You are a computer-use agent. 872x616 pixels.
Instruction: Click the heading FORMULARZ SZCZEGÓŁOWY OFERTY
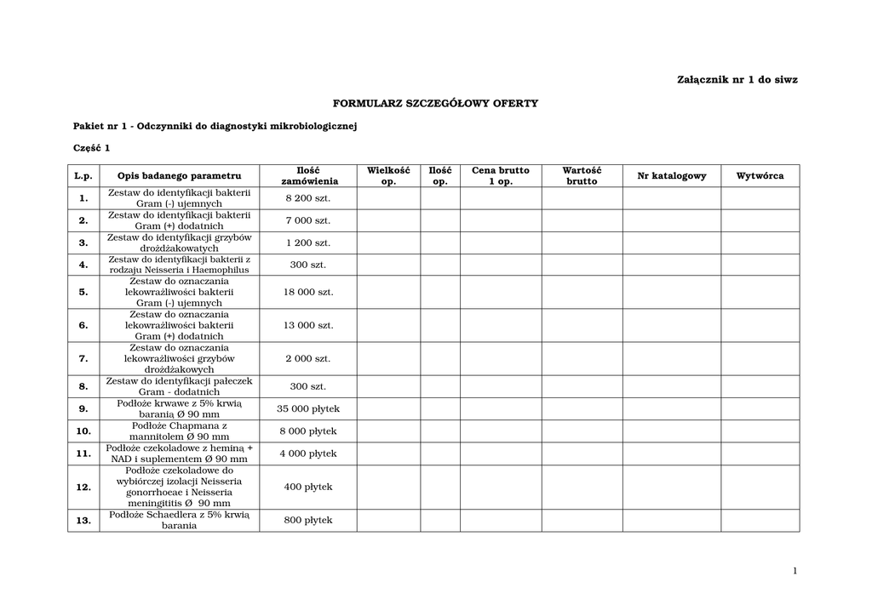coord(435,103)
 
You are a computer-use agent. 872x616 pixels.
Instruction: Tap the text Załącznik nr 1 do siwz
coord(737,80)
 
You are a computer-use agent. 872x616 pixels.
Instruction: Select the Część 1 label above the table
coord(92,148)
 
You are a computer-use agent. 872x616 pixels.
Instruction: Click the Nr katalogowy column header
coord(672,176)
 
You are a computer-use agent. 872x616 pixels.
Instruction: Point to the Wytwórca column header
coord(760,176)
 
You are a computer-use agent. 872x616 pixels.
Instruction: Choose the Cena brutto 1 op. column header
coord(500,176)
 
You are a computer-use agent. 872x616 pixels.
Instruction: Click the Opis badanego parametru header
coord(179,176)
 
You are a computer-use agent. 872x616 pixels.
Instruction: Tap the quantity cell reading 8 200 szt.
coord(307,198)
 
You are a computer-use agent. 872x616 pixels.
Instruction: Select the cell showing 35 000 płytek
coord(307,408)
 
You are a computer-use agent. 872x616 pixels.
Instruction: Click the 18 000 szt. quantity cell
coord(307,292)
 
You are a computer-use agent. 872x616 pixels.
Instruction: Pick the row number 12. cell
coord(83,488)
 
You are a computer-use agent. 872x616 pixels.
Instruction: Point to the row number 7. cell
coord(83,358)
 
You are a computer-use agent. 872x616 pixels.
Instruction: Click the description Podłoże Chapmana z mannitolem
coord(179,431)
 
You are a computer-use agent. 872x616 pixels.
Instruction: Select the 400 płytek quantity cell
coord(307,488)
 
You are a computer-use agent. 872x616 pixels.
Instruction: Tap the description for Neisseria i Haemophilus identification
coord(179,265)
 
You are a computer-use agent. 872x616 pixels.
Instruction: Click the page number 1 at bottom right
coord(794,571)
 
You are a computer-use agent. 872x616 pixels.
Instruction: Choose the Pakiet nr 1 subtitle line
coord(215,126)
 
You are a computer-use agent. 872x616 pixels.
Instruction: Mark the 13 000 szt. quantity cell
coord(307,325)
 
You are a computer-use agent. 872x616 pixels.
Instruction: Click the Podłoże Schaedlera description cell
coord(179,520)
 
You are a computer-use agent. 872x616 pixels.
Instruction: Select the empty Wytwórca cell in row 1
coord(760,198)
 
